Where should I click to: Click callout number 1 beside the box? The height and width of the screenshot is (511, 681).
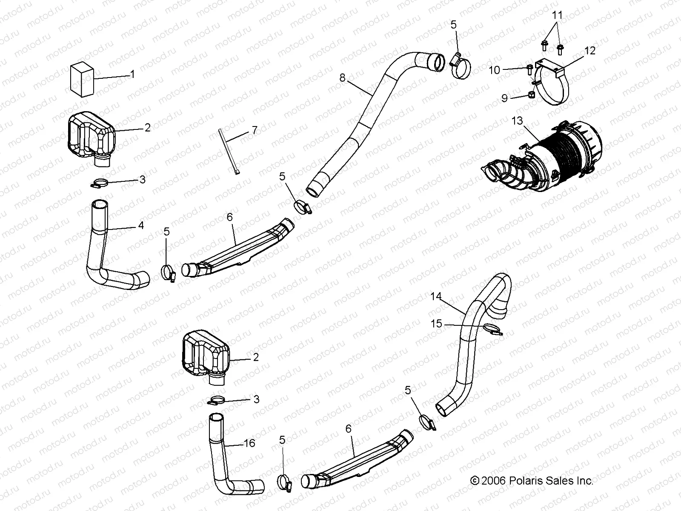point(132,75)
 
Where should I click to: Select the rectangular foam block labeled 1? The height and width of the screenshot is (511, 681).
point(82,79)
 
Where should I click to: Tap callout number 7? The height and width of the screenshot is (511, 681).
point(255,130)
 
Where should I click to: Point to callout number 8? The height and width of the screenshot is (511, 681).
point(343,78)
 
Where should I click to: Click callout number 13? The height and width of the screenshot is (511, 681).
point(517,121)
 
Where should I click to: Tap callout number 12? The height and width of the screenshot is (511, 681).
point(590,51)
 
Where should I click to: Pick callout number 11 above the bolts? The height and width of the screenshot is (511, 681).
point(557,16)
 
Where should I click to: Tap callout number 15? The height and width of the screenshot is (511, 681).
point(437,324)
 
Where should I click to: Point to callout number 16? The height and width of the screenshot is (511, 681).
point(249,443)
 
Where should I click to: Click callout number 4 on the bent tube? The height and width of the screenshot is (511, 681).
point(141,225)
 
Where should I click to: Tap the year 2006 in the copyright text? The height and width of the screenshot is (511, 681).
point(493,481)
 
